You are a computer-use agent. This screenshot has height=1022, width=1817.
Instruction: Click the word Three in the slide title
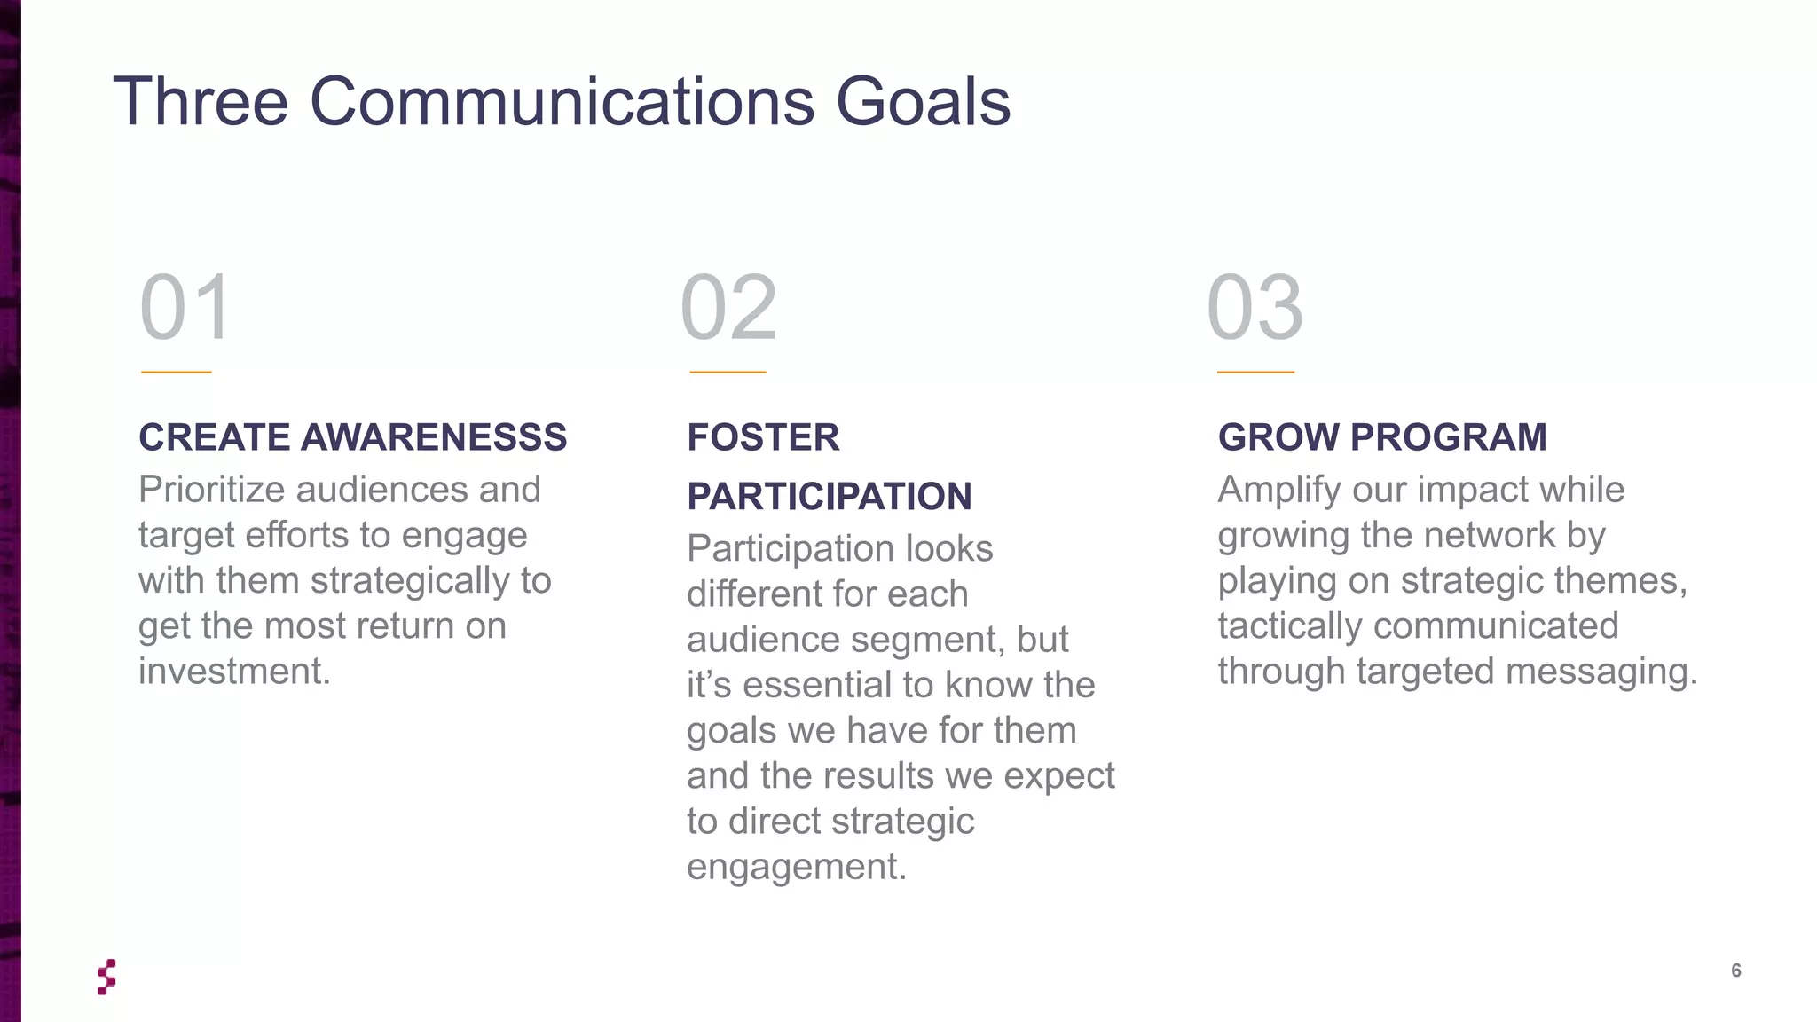pyautogui.click(x=201, y=101)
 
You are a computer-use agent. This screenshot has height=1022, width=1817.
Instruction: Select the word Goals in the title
pyautogui.click(x=923, y=101)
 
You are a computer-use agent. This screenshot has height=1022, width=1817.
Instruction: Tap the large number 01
pyautogui.click(x=186, y=307)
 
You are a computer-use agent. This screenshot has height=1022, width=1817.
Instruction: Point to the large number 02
pyautogui.click(x=728, y=307)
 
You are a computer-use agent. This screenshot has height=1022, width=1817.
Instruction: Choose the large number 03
pyautogui.click(x=1255, y=307)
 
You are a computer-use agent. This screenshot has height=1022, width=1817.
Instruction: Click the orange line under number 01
pyautogui.click(x=176, y=372)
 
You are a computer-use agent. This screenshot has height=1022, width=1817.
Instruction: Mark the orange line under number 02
pyautogui.click(x=728, y=372)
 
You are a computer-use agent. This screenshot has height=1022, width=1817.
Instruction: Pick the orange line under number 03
pyautogui.click(x=1255, y=372)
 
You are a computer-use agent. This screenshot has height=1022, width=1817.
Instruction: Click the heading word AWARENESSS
pyautogui.click(x=434, y=437)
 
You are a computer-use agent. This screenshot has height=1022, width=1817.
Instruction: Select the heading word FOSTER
pyautogui.click(x=763, y=437)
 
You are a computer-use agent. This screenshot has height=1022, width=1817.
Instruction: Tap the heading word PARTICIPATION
pyautogui.click(x=829, y=497)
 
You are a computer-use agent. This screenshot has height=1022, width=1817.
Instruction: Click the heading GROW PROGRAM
pyautogui.click(x=1381, y=437)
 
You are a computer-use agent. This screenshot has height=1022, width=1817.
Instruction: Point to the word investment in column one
pyautogui.click(x=233, y=672)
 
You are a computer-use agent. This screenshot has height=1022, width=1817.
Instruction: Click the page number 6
pyautogui.click(x=1736, y=971)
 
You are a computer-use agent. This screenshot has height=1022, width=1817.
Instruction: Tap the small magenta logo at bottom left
pyautogui.click(x=106, y=977)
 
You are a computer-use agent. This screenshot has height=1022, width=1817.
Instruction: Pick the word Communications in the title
pyautogui.click(x=562, y=101)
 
